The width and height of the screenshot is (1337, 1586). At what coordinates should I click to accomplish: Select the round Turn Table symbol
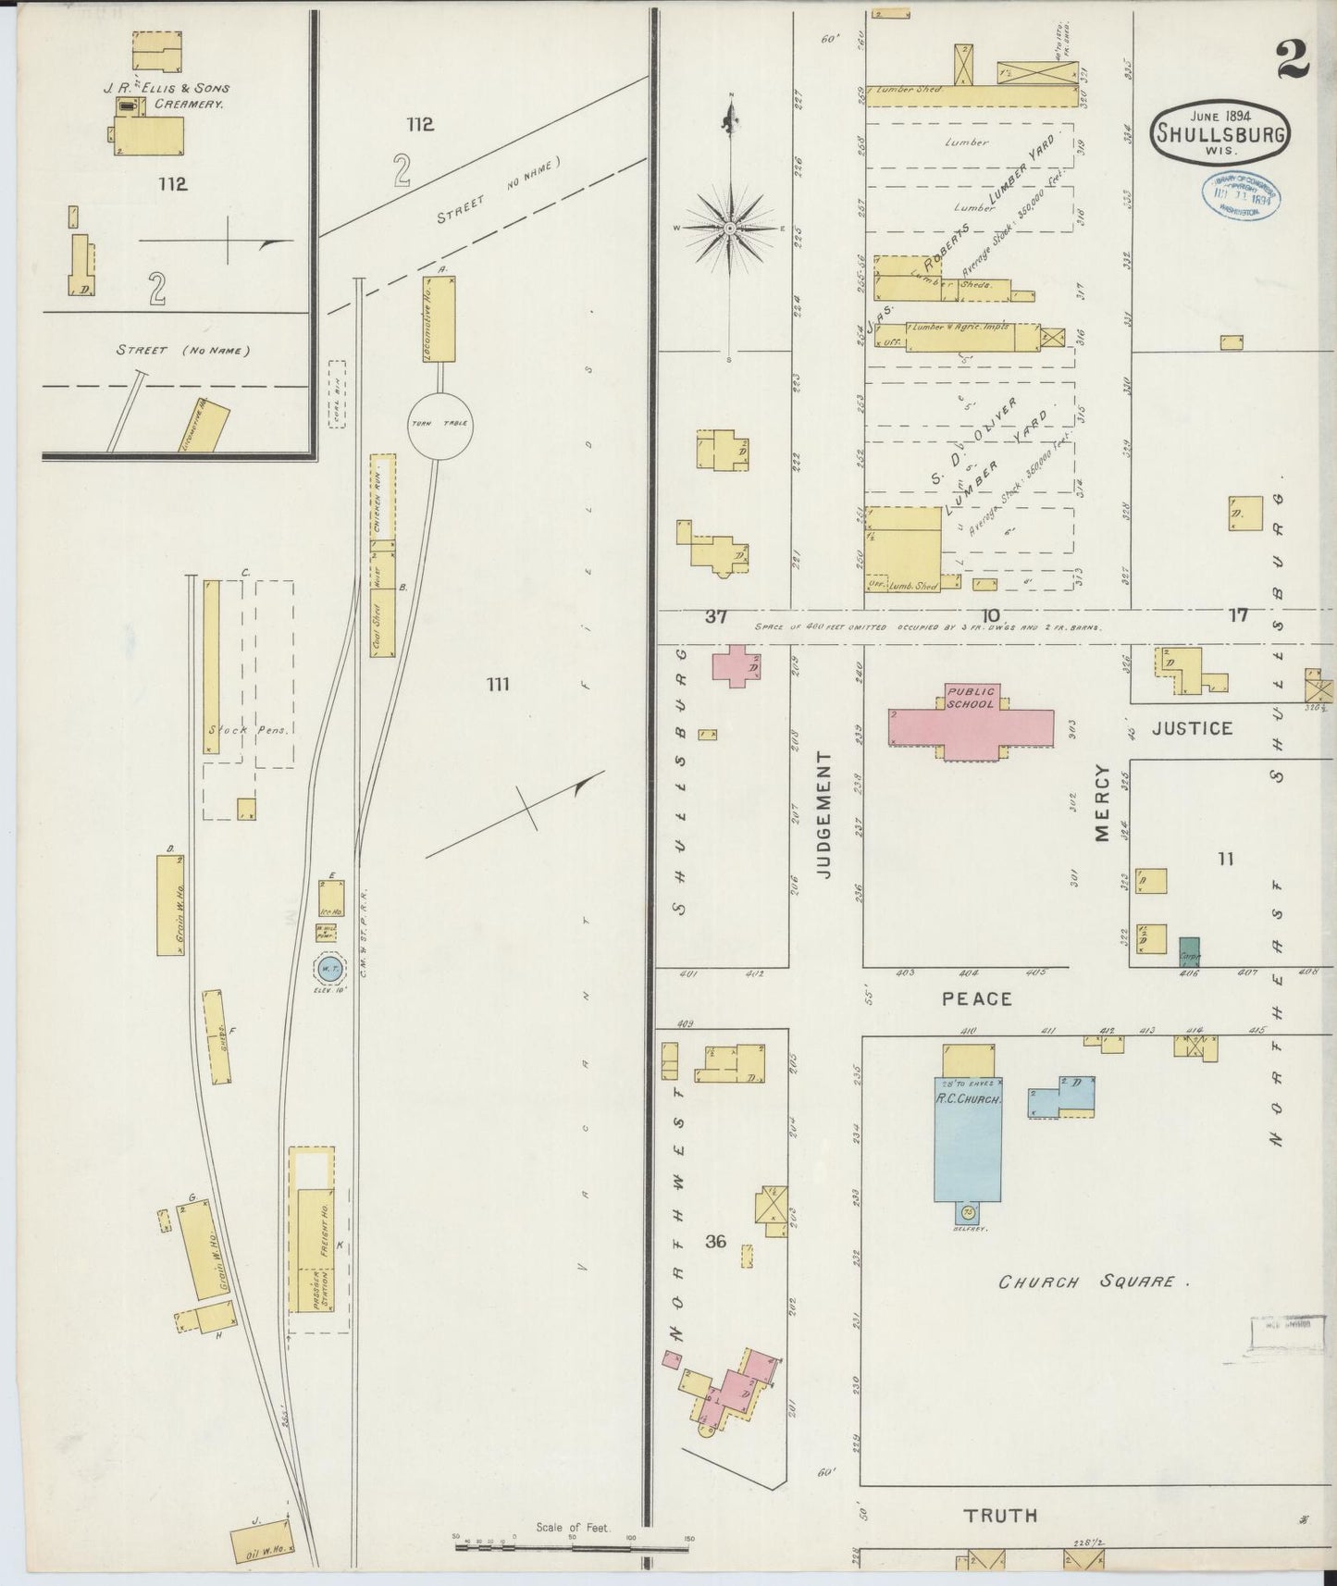(x=439, y=424)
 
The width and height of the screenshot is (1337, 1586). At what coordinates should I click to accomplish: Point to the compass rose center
(x=730, y=227)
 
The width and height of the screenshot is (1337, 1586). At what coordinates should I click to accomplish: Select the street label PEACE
(x=977, y=999)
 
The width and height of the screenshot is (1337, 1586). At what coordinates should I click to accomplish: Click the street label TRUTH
(x=1000, y=1516)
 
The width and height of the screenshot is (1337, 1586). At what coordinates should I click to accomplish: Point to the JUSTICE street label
(x=1192, y=728)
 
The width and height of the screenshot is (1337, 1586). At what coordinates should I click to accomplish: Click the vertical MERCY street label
(x=1102, y=802)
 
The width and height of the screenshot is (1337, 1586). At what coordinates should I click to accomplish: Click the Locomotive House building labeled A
(x=439, y=318)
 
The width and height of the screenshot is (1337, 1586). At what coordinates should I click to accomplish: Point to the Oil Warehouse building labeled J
(x=263, y=1536)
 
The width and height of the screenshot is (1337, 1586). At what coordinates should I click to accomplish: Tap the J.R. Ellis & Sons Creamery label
(x=167, y=96)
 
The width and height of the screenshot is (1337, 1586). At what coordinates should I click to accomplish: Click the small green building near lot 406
(x=1190, y=952)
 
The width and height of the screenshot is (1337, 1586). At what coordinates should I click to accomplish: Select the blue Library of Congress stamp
(x=1242, y=194)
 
